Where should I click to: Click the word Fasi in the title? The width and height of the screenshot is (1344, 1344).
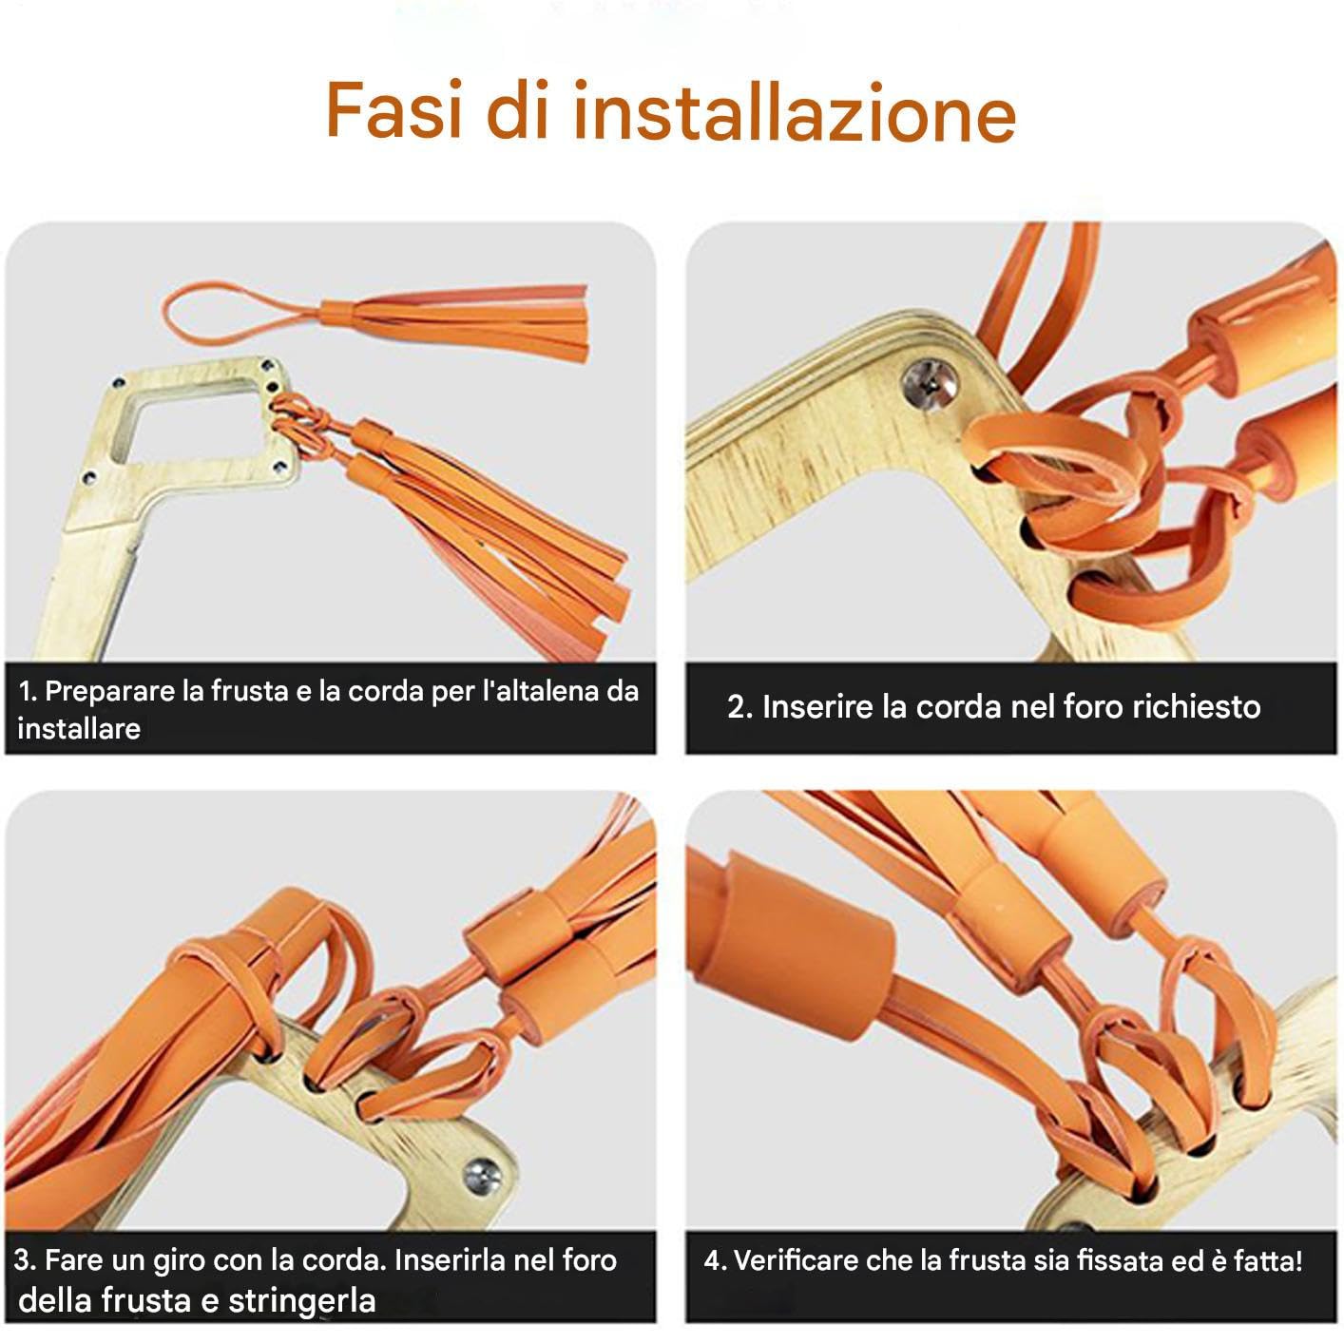(x=394, y=110)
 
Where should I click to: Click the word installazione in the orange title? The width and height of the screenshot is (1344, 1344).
(x=796, y=111)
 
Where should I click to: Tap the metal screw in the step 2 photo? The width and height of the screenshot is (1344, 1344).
(x=930, y=384)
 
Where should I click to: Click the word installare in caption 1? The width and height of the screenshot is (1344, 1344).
(x=79, y=729)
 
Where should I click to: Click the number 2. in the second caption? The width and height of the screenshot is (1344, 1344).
(x=739, y=707)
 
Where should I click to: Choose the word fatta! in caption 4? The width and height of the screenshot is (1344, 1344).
(x=1267, y=1260)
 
